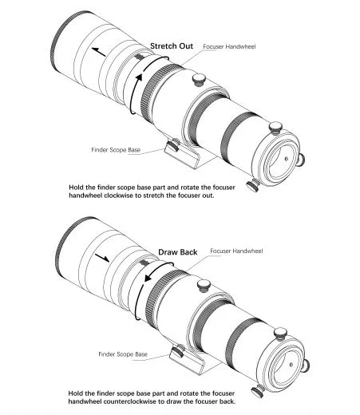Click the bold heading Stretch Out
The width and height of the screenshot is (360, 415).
point(172,46)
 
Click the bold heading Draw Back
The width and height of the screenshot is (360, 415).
point(178,252)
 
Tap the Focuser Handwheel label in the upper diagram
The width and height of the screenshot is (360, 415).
point(229,46)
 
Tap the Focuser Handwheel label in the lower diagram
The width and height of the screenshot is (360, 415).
point(236,251)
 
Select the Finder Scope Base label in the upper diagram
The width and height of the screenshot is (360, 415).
point(116,150)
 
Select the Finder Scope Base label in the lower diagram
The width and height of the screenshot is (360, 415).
point(123,354)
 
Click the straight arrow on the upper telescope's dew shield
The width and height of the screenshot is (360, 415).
point(99,52)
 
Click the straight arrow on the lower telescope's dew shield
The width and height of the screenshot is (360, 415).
point(102,257)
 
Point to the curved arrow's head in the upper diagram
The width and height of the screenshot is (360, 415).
point(139,77)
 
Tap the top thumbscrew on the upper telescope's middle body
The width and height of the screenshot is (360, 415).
point(199,80)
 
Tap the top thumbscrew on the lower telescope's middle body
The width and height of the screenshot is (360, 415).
point(204,286)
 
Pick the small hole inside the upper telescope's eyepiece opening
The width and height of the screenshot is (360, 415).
point(287,159)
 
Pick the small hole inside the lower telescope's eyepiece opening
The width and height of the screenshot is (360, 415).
point(291,365)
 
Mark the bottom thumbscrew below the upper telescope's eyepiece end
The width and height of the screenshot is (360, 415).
point(253,185)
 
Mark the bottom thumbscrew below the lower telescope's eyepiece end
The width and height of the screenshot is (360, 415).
point(258,391)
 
